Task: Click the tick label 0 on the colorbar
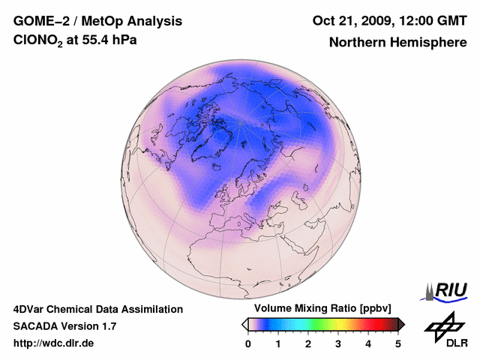(x=248, y=343)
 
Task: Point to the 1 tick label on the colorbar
(x=278, y=343)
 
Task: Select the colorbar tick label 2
(x=308, y=343)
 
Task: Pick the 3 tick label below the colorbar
(x=338, y=343)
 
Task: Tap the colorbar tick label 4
(x=368, y=343)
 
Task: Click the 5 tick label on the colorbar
(x=398, y=343)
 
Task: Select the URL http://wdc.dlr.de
(x=54, y=343)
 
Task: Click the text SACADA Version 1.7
(x=64, y=326)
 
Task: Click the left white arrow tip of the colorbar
(x=244, y=324)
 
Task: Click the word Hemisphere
(x=431, y=43)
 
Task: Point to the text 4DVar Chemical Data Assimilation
(x=98, y=309)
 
